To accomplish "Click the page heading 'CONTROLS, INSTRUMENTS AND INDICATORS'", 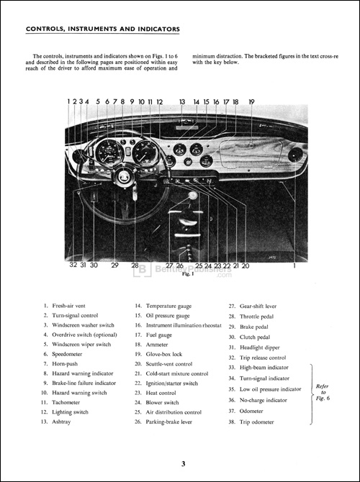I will click(102, 29).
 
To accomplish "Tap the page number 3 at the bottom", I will click(183, 464).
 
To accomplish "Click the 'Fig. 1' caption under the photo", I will click(186, 274).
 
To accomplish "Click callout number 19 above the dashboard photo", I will click(251, 102).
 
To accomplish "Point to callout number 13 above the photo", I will click(182, 102).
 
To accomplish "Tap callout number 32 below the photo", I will click(73, 265).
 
